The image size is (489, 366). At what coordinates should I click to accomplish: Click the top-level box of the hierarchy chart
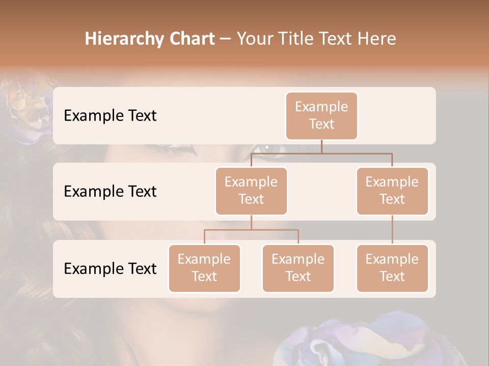pos(321,115)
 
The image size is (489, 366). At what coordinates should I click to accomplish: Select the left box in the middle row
pos(251,191)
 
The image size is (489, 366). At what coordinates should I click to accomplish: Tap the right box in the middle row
pos(392,191)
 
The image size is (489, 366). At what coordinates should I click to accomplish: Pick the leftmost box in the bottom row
pos(204,268)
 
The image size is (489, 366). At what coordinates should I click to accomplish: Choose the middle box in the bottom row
pos(298,268)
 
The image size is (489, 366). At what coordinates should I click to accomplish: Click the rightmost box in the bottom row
pos(392,268)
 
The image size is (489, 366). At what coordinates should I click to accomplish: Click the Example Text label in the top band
pos(110,115)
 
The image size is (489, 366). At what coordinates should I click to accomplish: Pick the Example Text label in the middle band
pos(110,191)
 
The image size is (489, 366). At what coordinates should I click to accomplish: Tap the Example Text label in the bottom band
pos(110,268)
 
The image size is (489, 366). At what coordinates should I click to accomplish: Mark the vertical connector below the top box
pos(321,146)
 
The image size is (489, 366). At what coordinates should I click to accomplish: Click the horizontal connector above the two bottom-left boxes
pos(251,230)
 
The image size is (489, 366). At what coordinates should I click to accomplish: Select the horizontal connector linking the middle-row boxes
pos(321,153)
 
